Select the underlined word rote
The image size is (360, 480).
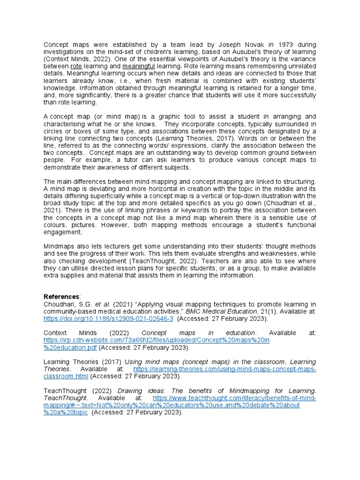click(76, 67)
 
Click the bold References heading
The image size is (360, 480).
click(61, 297)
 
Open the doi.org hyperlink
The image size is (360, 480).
click(108, 318)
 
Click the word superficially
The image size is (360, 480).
click(120, 196)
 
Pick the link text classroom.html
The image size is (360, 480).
click(66, 376)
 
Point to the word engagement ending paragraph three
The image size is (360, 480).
click(63, 232)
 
